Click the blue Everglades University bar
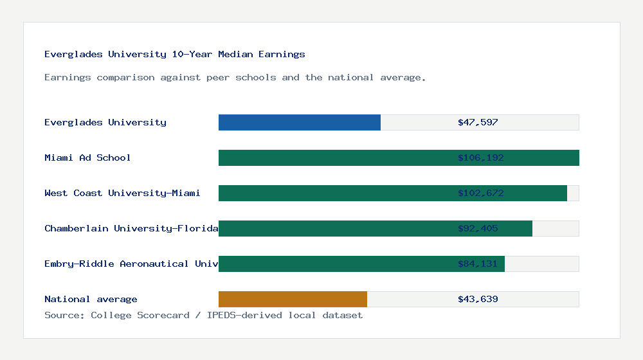[x=300, y=122]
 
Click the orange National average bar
[x=293, y=299]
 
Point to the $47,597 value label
[x=478, y=122]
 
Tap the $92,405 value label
[x=478, y=228]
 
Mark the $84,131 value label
[x=478, y=264]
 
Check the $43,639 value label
[x=478, y=299]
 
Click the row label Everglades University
[x=105, y=122]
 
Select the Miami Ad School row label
[x=87, y=157]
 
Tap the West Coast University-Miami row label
[x=122, y=193]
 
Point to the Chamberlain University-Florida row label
[x=131, y=228]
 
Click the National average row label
[x=91, y=299]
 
